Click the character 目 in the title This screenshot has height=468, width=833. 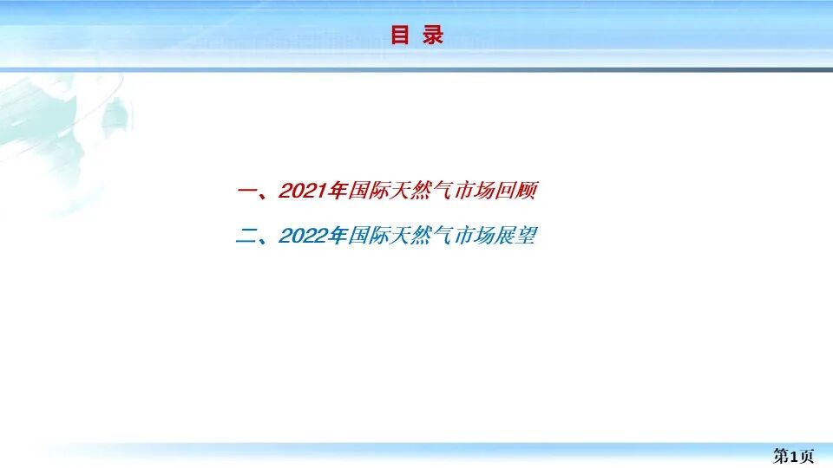click(400, 36)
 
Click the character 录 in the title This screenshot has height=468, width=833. click(433, 36)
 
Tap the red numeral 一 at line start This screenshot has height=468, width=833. click(246, 192)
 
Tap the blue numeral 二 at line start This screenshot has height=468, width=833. click(246, 237)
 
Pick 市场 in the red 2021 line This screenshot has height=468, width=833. click(475, 192)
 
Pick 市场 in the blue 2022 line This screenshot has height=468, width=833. click(475, 236)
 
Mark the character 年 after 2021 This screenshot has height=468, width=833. click(338, 192)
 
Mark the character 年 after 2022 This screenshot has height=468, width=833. click(338, 236)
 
